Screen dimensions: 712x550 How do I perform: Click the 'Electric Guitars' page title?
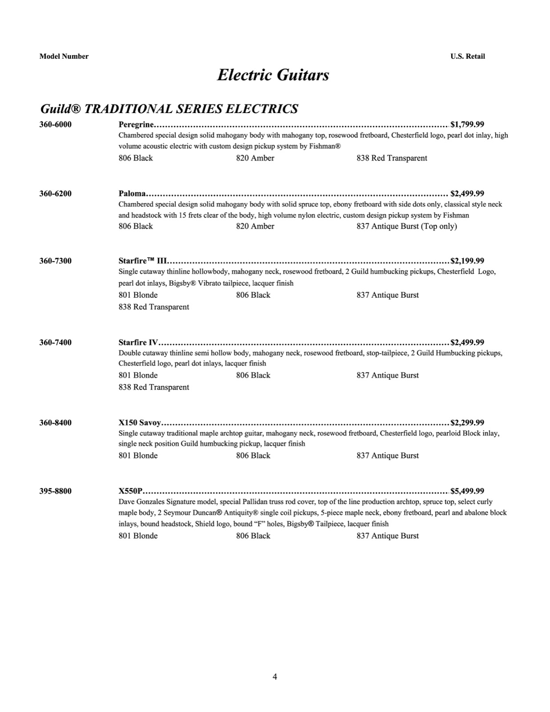tap(273, 75)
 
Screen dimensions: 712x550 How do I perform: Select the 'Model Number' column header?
tap(64, 56)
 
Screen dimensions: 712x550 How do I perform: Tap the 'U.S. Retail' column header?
tap(467, 56)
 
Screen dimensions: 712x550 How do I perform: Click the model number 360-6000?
tap(55, 124)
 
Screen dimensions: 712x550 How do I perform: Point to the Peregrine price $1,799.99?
tap(467, 124)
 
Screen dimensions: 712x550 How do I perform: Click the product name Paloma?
tap(132, 193)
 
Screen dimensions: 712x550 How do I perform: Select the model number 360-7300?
tap(55, 261)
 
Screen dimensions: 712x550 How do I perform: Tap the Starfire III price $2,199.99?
tap(467, 261)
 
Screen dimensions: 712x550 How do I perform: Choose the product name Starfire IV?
tap(138, 342)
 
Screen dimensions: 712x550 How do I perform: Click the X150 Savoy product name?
tap(140, 422)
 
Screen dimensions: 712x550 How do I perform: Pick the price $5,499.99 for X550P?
tap(467, 491)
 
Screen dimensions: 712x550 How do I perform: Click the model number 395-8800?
tap(55, 491)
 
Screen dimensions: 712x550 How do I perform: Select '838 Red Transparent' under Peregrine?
tap(392, 158)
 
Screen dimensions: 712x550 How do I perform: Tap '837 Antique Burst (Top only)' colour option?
tap(406, 226)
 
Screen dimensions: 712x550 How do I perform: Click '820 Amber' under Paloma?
tap(255, 226)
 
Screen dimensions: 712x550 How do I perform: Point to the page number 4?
tap(275, 677)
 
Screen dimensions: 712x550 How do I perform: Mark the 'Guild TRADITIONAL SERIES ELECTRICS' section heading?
tap(169, 109)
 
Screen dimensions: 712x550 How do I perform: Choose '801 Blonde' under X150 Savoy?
tap(138, 455)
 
